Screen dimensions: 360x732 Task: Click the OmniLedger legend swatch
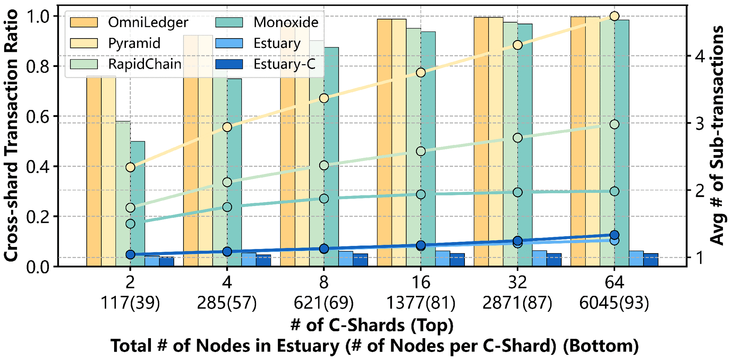tap(84, 22)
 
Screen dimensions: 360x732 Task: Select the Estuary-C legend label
tap(284, 64)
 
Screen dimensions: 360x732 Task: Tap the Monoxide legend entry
tap(286, 22)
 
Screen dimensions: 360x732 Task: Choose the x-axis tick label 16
tap(421, 283)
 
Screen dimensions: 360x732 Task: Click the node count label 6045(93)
tap(614, 303)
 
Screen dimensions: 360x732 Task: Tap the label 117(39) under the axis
tap(130, 303)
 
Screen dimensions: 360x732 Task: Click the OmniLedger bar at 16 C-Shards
tap(384, 144)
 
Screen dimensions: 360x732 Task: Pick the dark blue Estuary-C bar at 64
tap(651, 260)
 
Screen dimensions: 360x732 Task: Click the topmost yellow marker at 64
tap(615, 16)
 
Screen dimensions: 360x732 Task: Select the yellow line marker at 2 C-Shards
tap(130, 167)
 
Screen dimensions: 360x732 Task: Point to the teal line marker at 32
tap(517, 192)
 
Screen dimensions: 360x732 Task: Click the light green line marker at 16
tap(421, 151)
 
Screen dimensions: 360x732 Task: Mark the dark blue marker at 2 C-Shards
tap(130, 255)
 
